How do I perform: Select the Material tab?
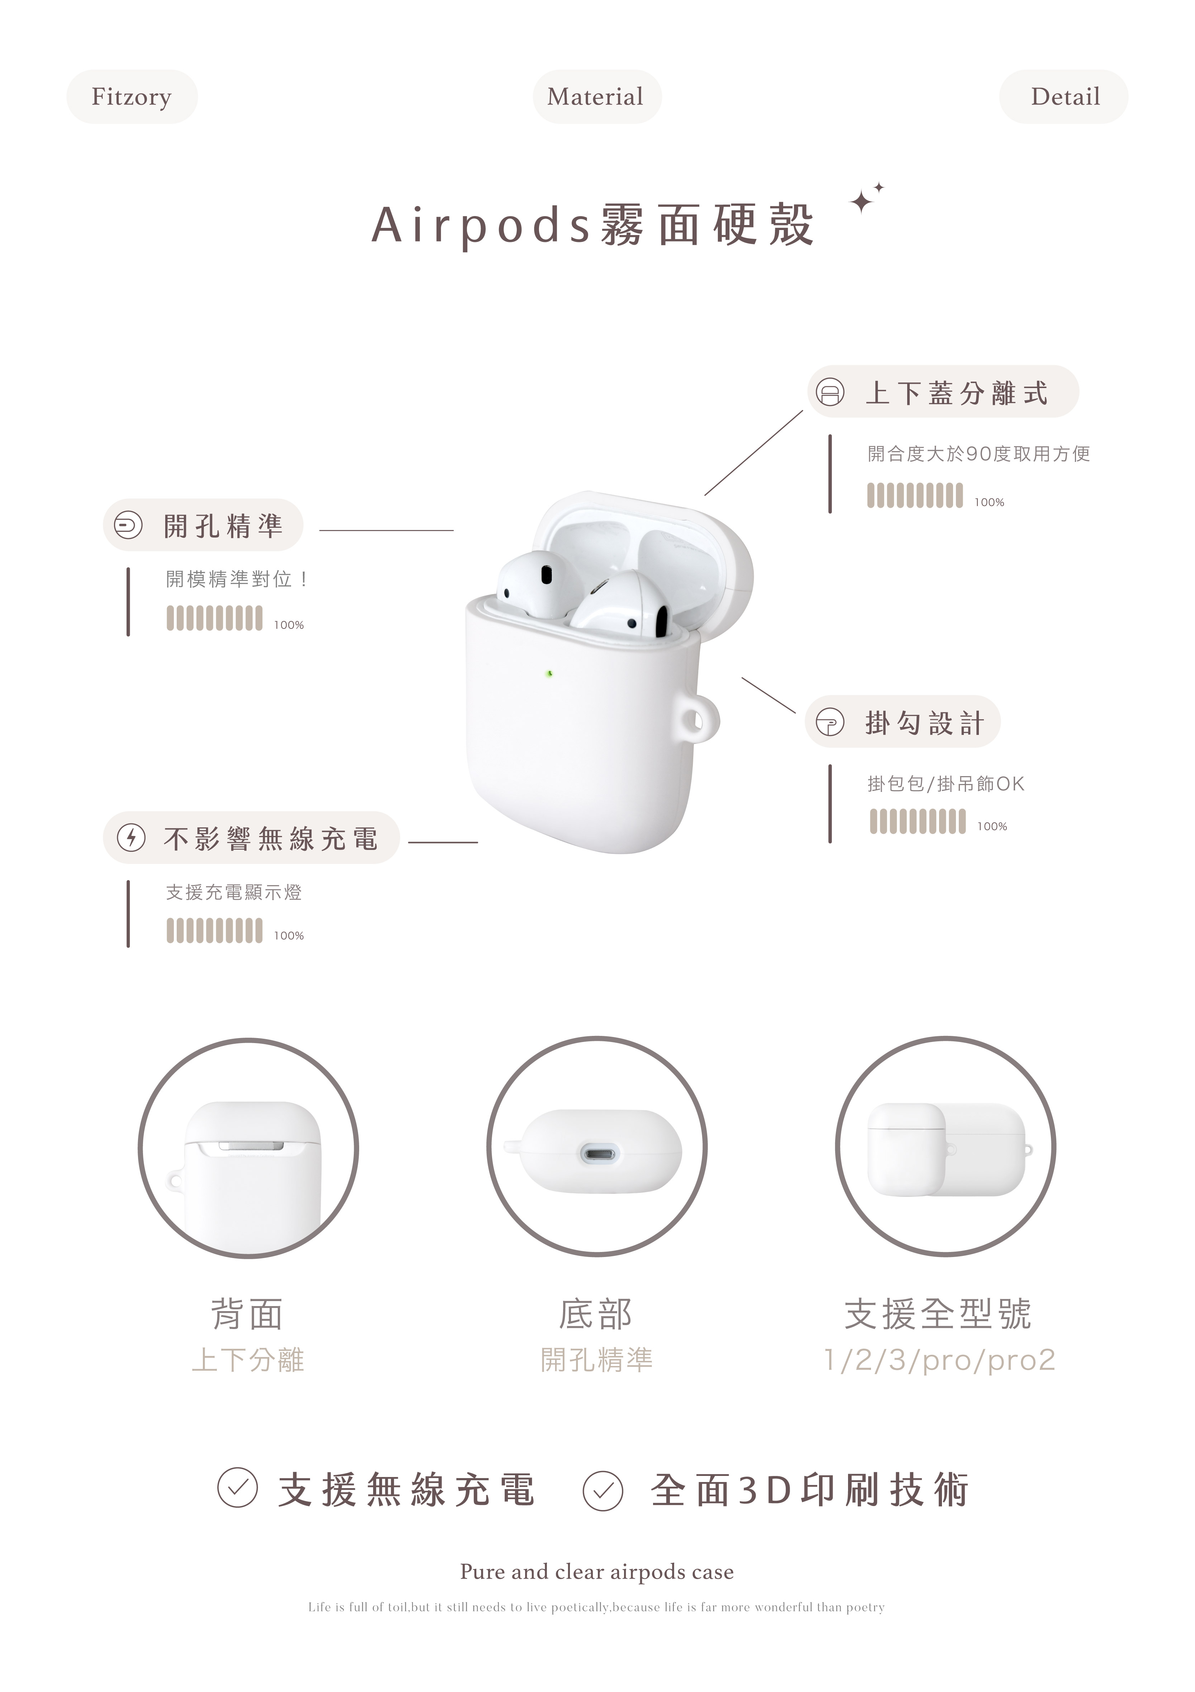coord(596,96)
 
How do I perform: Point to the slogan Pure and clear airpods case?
coord(597,1572)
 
